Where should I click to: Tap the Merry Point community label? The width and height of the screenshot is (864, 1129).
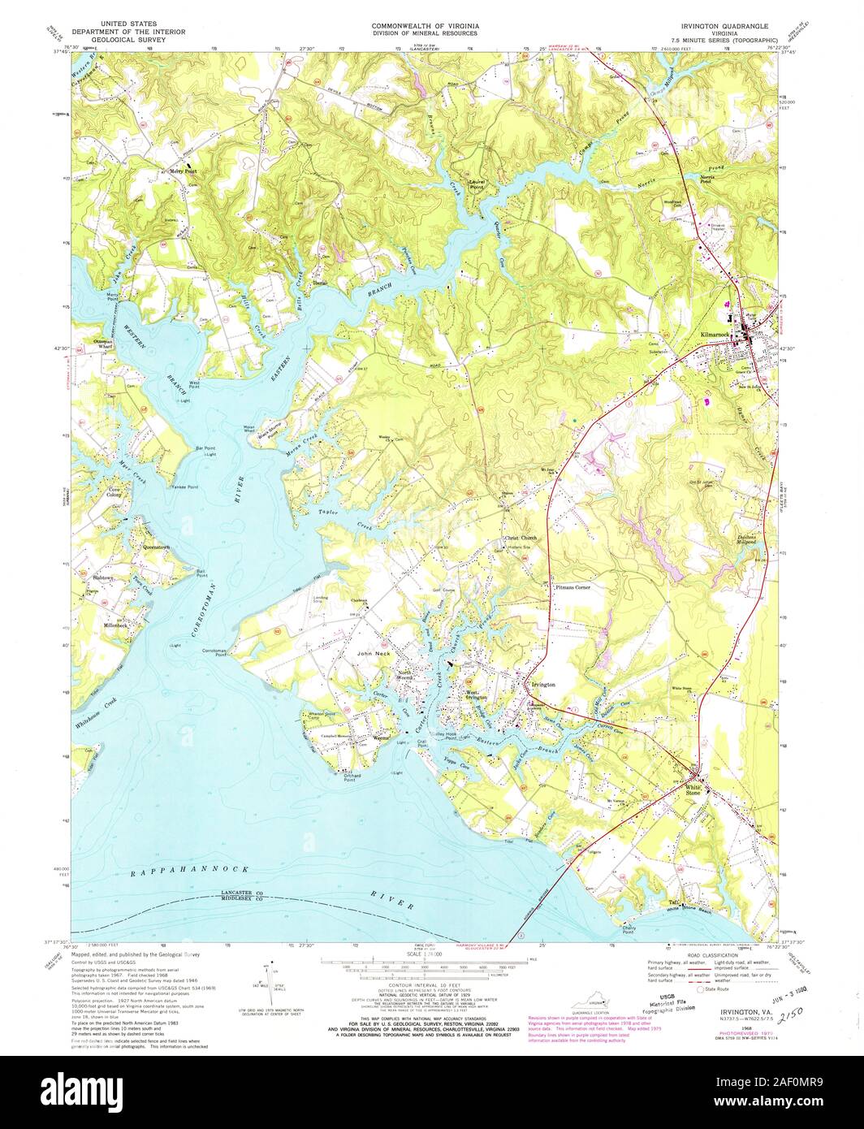183,171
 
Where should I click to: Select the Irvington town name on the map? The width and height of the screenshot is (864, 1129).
542,685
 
